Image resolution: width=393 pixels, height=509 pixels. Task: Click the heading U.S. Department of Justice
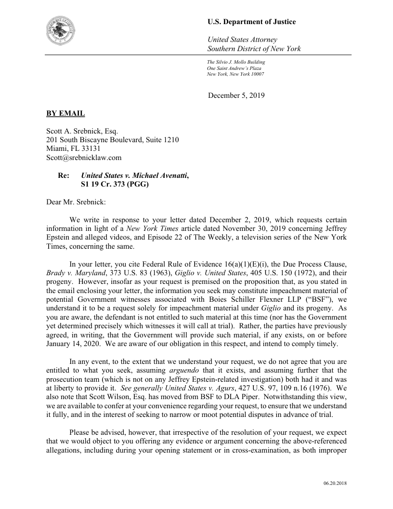click(x=251, y=22)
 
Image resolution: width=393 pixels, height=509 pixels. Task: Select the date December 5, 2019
click(x=236, y=95)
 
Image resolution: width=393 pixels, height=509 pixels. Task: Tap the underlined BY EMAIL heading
click(x=65, y=113)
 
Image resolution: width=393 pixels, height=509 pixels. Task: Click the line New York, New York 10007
click(x=235, y=74)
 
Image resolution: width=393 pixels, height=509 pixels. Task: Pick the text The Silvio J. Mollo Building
click(x=236, y=62)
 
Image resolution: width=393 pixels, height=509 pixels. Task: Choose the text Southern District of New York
click(x=254, y=49)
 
